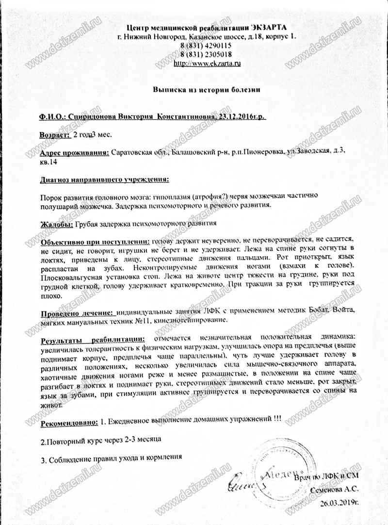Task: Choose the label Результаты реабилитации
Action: click(x=93, y=338)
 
